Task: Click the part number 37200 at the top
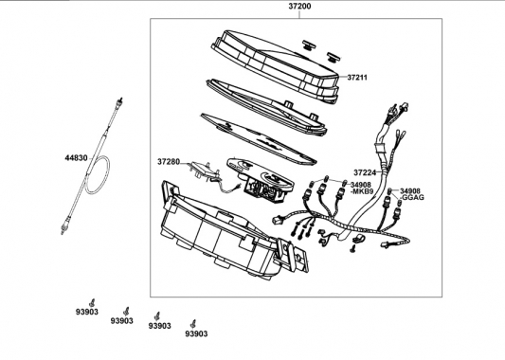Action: tap(299, 6)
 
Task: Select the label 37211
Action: tap(357, 78)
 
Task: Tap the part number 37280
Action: tap(169, 162)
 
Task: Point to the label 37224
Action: tap(365, 172)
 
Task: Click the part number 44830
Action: tap(77, 158)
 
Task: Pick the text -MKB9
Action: tap(362, 191)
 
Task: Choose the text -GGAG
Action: tap(412, 197)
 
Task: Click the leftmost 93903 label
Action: tap(87, 312)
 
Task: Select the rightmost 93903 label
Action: tap(196, 333)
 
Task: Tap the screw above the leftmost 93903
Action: tap(93, 302)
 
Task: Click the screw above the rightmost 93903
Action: tap(193, 324)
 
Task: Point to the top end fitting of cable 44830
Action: tap(119, 100)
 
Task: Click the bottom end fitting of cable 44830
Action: tap(63, 228)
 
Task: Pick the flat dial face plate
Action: tap(259, 138)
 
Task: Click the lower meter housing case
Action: tap(225, 232)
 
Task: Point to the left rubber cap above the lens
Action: tap(309, 45)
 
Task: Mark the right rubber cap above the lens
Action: tap(334, 57)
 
